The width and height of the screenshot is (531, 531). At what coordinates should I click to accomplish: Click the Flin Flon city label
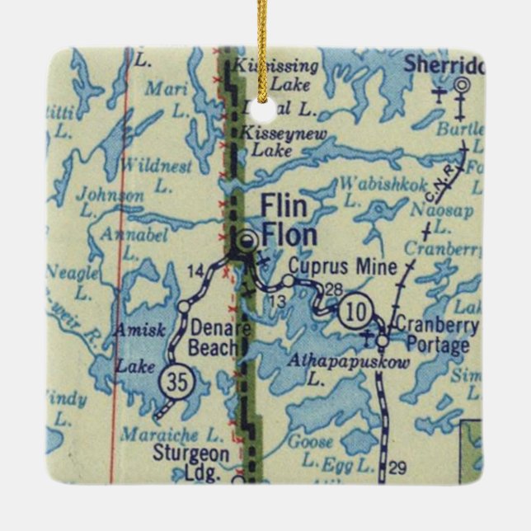(x=289, y=221)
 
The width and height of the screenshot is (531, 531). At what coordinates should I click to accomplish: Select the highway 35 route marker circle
(x=174, y=381)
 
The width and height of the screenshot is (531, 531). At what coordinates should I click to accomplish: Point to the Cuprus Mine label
(x=343, y=267)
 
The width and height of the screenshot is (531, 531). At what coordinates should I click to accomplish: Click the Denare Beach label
(x=216, y=337)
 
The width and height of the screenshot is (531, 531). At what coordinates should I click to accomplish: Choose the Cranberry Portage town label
(x=436, y=335)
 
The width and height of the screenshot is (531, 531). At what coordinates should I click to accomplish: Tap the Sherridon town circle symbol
(x=461, y=84)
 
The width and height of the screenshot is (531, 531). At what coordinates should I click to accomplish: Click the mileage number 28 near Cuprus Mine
(x=333, y=288)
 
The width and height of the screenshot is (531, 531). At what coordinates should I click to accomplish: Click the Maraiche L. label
(x=172, y=434)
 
